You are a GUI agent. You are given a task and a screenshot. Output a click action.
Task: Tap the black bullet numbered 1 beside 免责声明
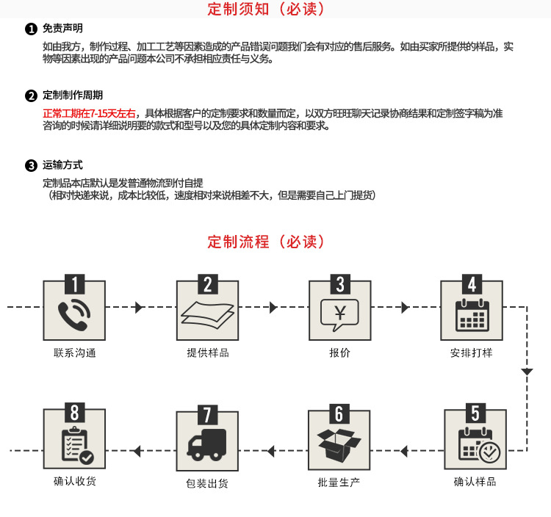[31, 29]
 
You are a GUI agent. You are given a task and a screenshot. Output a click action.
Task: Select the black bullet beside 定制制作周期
[31, 95]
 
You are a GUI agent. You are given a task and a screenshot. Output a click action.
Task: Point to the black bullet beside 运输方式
[31, 165]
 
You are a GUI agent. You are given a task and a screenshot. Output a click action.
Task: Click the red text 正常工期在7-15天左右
[90, 113]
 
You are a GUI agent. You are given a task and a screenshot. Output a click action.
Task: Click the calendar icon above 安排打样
[472, 314]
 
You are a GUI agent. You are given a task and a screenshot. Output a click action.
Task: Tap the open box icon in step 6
[339, 444]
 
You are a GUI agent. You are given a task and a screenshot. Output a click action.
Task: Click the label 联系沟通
[75, 353]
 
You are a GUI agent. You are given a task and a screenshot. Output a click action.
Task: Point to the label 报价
[339, 353]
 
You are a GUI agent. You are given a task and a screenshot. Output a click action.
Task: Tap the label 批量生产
[339, 482]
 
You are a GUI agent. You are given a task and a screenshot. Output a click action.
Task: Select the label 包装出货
[207, 484]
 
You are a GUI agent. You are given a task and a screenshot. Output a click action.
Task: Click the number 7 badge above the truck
[207, 413]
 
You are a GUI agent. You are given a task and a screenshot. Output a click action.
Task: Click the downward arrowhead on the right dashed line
[527, 372]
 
